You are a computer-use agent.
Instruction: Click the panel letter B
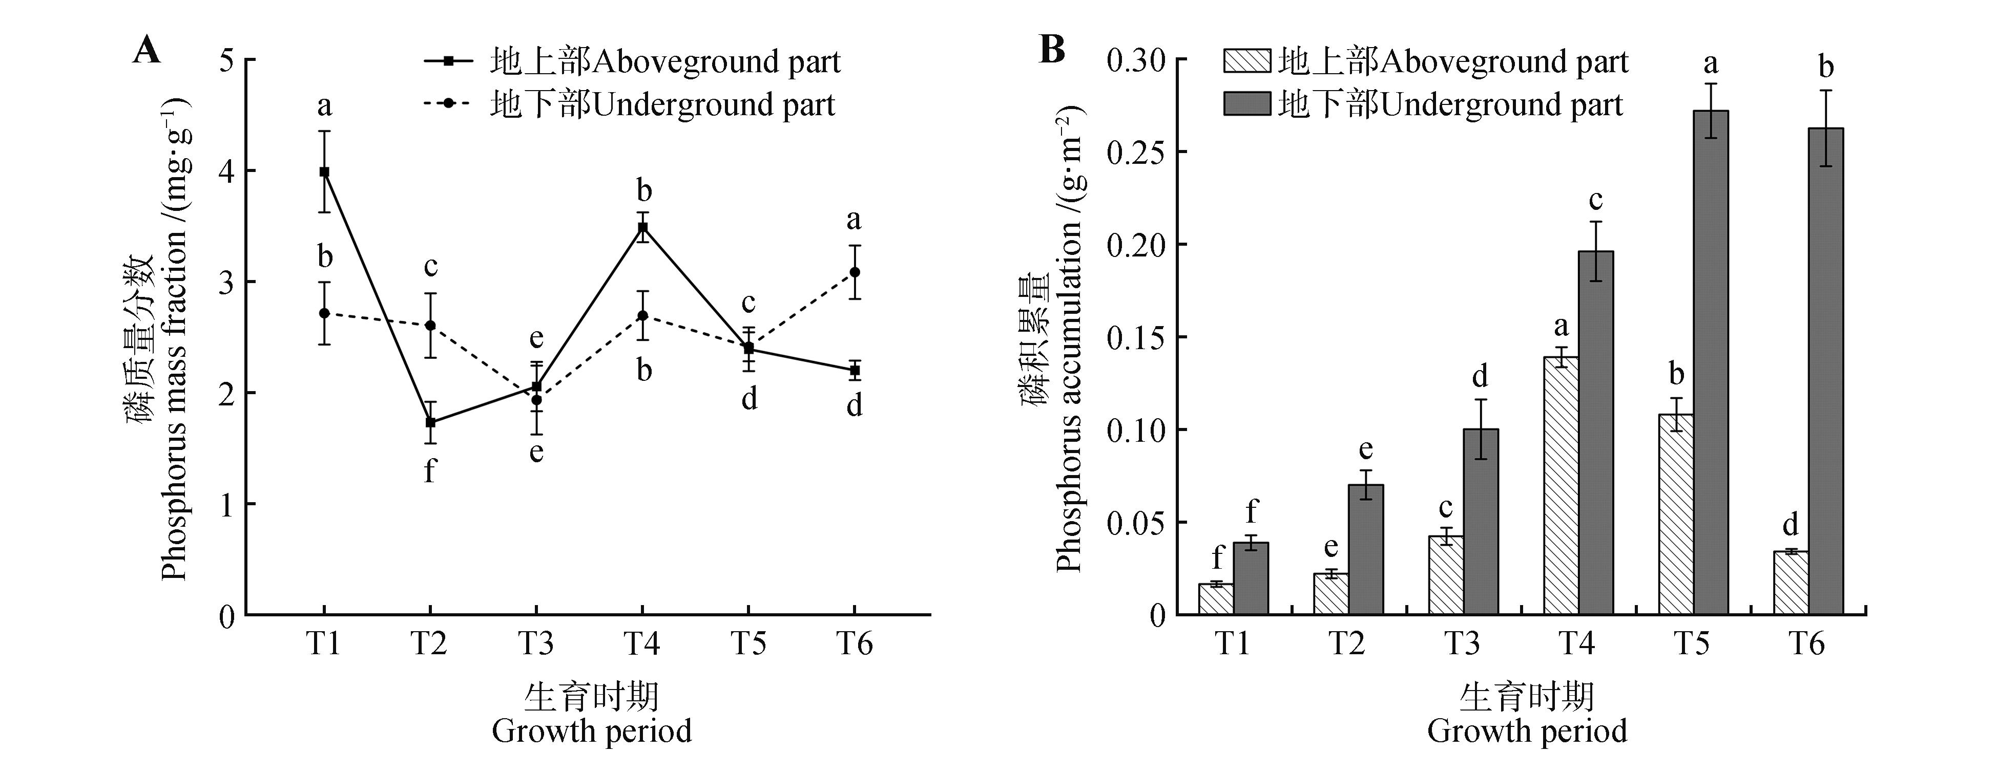[1052, 51]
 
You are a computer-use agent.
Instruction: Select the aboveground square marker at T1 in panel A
[324, 172]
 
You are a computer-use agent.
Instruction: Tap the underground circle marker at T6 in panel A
[855, 272]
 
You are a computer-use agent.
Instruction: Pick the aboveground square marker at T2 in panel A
[430, 422]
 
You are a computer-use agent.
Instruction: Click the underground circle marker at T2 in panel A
[430, 326]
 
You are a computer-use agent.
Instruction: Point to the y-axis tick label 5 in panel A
[226, 60]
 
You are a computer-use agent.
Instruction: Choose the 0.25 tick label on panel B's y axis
[1136, 153]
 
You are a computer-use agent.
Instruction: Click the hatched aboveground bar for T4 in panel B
[1561, 486]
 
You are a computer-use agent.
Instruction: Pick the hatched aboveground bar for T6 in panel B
[1791, 583]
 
